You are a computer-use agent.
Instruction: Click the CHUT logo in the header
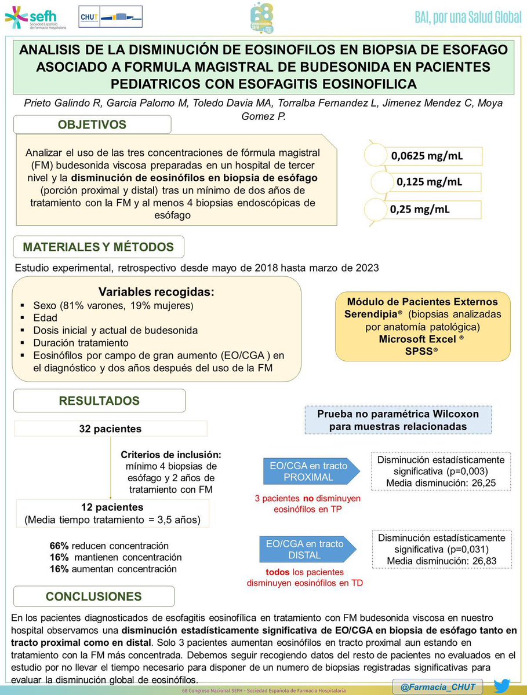110,17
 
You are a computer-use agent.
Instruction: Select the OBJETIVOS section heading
92,125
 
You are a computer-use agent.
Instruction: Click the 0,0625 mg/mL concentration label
428,156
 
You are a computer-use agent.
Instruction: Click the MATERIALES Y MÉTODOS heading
98,247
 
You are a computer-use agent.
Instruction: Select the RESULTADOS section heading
99,400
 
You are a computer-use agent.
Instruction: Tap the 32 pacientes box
111,429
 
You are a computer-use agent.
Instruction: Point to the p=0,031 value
466,550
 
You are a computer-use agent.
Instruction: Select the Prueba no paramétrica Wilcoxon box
398,420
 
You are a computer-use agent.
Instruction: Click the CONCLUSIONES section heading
93,597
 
